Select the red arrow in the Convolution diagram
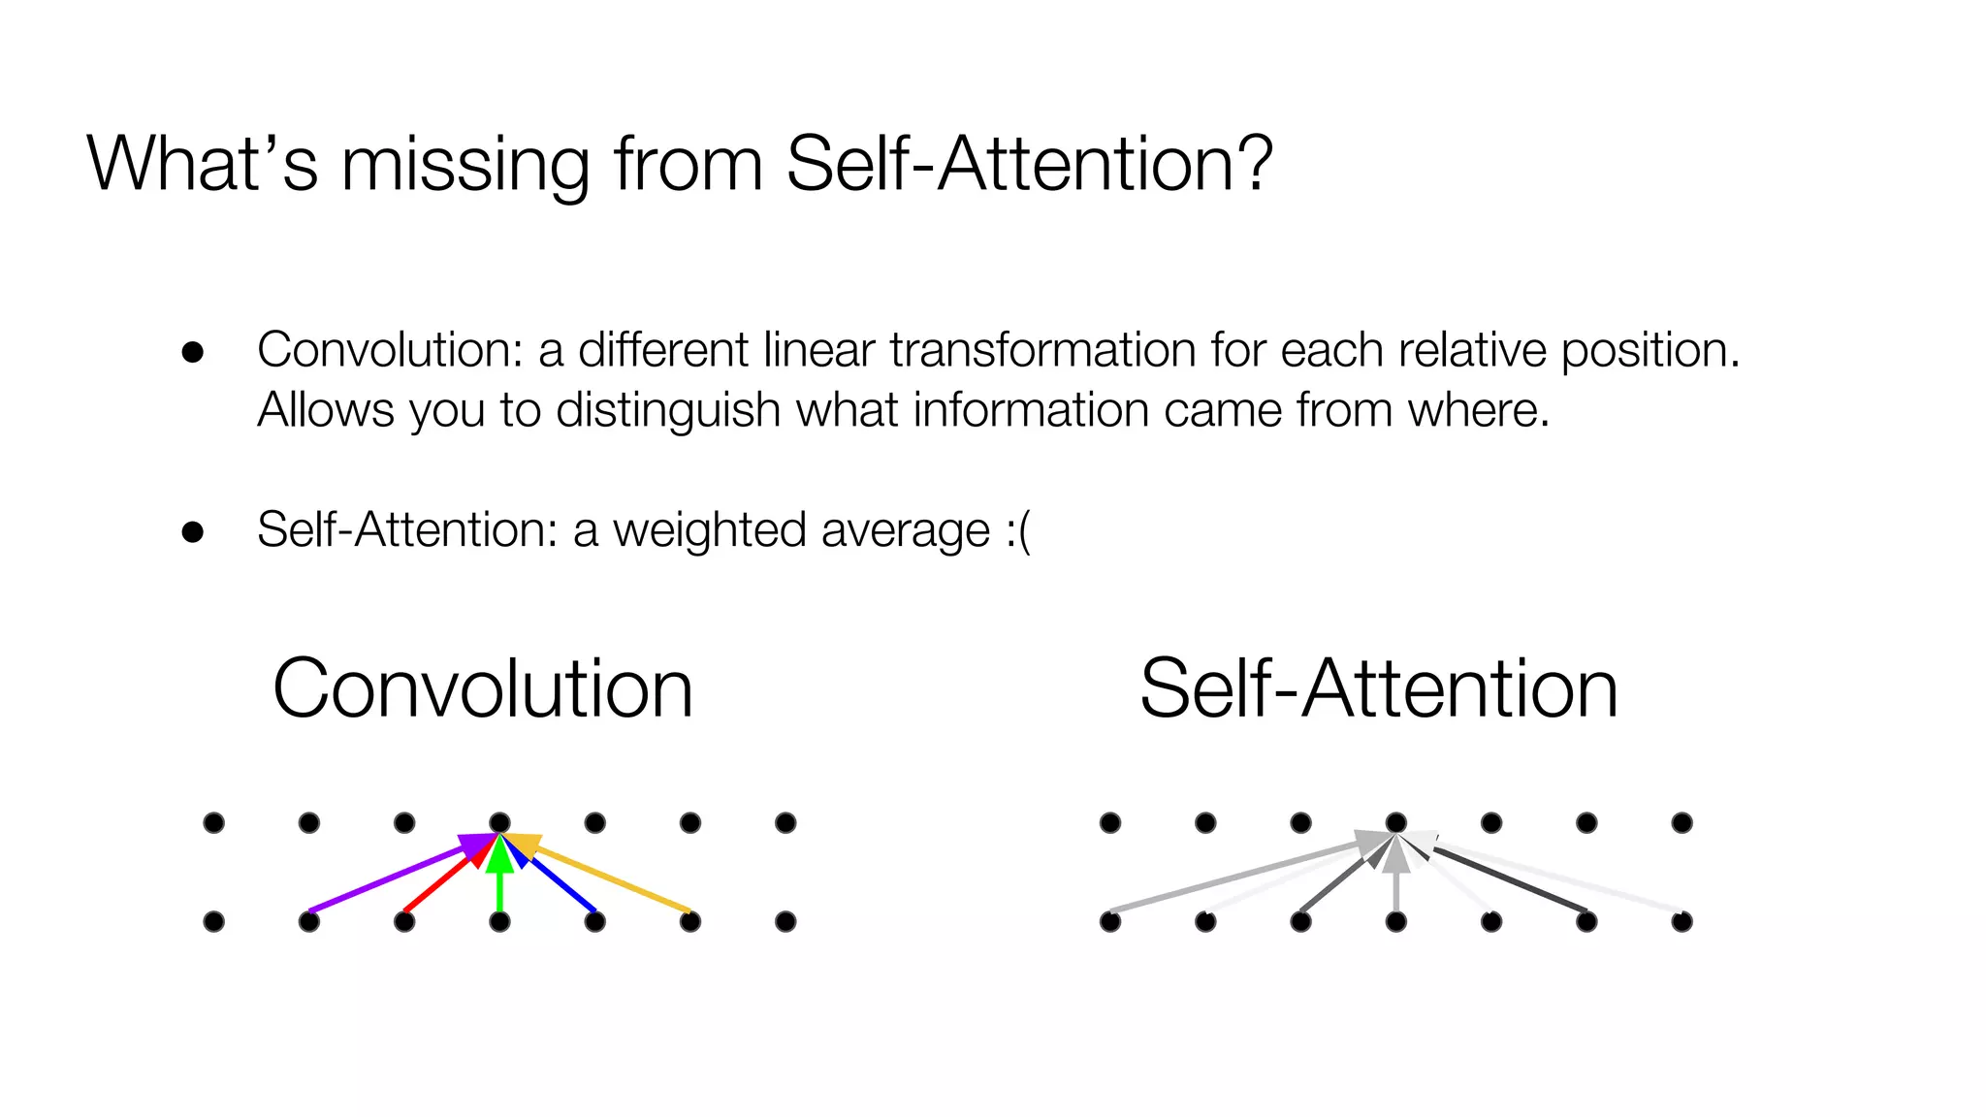coord(441,880)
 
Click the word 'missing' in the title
coord(465,165)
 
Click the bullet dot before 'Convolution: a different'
coord(193,352)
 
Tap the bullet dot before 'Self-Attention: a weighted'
coord(193,532)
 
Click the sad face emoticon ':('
coord(1017,531)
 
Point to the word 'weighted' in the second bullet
coord(709,531)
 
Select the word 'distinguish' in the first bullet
coord(668,411)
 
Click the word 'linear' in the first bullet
coord(818,351)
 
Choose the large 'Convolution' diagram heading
coord(483,688)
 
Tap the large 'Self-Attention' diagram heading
coord(1378,688)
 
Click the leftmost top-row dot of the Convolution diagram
coord(214,823)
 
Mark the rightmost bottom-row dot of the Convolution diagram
coord(785,921)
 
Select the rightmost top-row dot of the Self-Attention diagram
coord(1682,823)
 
